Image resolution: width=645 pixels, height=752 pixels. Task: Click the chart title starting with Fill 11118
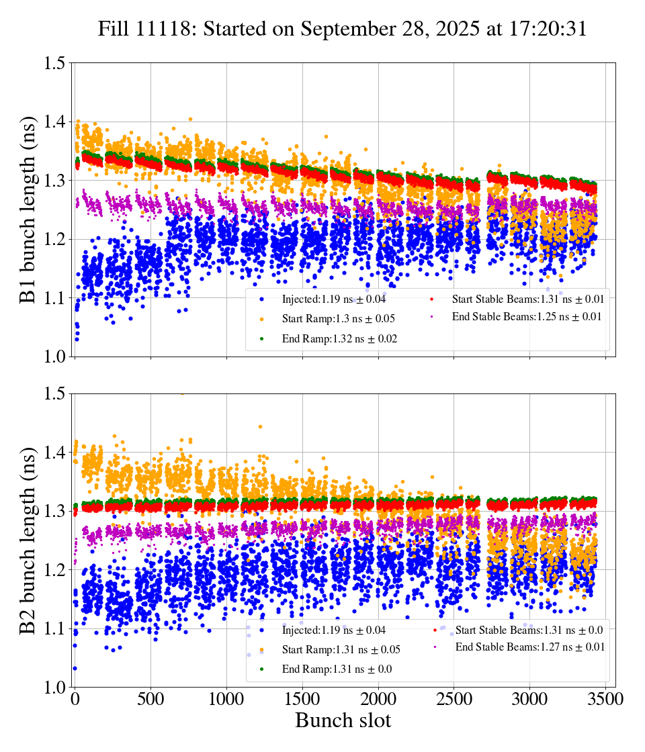[x=342, y=29]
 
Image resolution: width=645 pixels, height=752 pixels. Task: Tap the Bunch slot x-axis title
[x=343, y=720]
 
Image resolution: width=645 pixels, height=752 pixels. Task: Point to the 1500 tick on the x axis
[x=302, y=698]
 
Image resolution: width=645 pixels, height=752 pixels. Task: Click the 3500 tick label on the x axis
[x=606, y=698]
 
